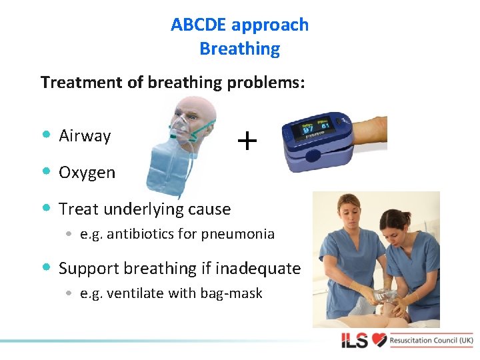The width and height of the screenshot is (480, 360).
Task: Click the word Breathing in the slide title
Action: coord(239,49)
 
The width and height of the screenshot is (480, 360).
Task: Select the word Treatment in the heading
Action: coord(77,83)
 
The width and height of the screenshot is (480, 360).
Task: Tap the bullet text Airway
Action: coord(85,136)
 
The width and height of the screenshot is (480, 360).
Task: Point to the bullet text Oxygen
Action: coord(87,173)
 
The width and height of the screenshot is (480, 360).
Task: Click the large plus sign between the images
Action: coord(247,141)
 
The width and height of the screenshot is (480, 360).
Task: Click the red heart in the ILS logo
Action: coord(379,341)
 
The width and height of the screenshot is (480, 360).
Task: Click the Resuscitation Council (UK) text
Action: coord(431,341)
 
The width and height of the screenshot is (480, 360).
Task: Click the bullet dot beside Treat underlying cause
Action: coord(45,209)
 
